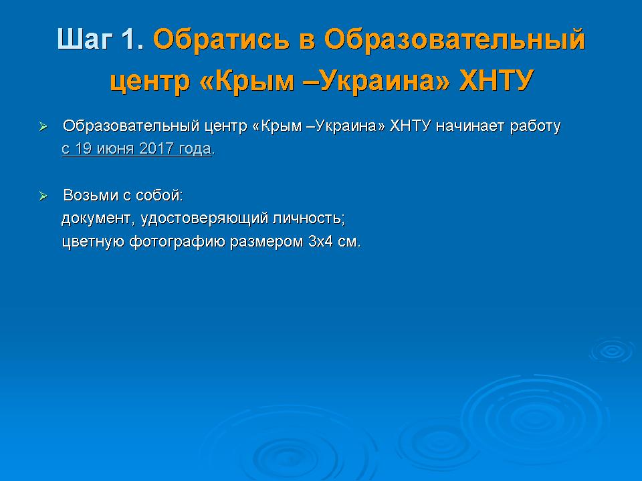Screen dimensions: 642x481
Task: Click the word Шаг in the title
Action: [x=85, y=39]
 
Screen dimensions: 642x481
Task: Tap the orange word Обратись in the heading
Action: [x=221, y=39]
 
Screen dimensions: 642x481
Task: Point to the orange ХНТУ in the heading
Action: [x=496, y=80]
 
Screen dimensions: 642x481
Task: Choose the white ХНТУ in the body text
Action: [x=410, y=126]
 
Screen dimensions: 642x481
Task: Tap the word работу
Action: [x=535, y=127]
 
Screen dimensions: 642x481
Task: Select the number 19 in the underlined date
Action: [x=83, y=148]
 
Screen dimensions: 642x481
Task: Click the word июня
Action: [x=115, y=148]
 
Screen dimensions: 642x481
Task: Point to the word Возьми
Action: [x=91, y=195]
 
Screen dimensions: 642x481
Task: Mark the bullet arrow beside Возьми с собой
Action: [x=43, y=196]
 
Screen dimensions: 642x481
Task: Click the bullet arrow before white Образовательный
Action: [x=43, y=127]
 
